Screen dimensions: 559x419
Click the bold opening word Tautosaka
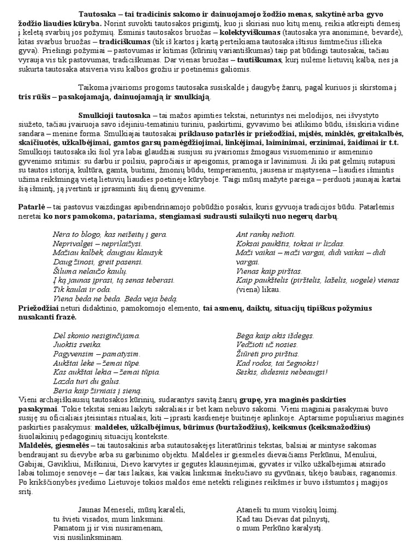[98, 13]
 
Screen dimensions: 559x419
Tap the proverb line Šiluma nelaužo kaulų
[89, 271]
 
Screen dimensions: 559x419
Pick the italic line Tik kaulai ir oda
[82, 289]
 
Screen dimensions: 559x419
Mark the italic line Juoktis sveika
[77, 344]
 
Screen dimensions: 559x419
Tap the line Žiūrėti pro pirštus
[268, 354]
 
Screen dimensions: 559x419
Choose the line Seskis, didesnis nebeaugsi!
[282, 372]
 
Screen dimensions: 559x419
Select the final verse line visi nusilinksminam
[88, 537]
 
